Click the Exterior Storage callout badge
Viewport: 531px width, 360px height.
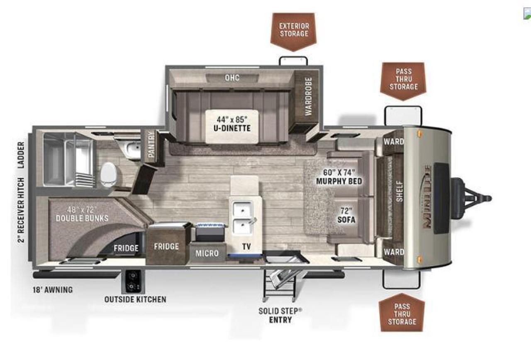click(293, 32)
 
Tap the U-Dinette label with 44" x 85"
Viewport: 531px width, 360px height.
click(232, 124)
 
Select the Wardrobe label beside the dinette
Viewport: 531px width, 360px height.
click(308, 97)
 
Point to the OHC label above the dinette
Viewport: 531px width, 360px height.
click(232, 78)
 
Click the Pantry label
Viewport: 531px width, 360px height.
click(151, 144)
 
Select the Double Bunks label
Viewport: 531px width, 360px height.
click(82, 214)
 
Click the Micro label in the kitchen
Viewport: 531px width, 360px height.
click(207, 253)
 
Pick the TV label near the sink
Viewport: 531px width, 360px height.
click(246, 247)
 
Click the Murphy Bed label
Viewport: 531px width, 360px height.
click(339, 177)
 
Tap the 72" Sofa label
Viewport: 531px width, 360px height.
click(346, 215)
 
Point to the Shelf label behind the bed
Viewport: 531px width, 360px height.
click(399, 191)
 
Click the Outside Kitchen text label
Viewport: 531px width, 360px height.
click(135, 299)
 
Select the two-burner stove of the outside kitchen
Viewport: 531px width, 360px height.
click(133, 282)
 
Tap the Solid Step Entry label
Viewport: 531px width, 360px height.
click(280, 316)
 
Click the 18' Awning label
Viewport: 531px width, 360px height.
click(53, 290)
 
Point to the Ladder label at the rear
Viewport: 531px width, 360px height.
click(21, 155)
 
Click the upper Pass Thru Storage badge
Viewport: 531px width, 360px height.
click(403, 81)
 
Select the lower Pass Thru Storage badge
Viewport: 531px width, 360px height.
click(402, 313)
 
